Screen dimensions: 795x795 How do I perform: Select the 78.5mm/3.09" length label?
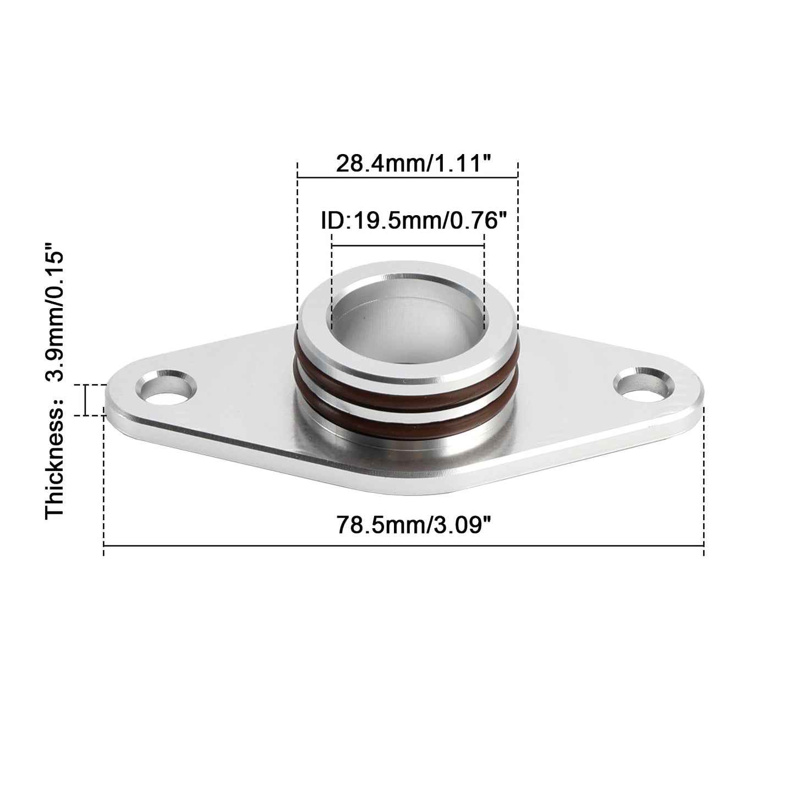[413, 524]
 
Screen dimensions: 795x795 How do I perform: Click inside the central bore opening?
[408, 325]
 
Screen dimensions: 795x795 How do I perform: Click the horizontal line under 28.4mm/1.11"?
[408, 177]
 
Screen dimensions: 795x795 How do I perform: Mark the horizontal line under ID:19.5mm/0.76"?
[408, 245]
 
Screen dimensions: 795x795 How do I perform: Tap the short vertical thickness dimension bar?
[86, 400]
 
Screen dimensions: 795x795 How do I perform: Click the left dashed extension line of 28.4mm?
[298, 248]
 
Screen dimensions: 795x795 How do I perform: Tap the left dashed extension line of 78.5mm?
[104, 484]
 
